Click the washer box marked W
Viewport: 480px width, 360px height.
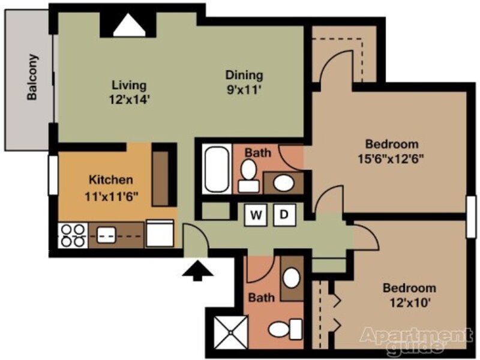[256, 215]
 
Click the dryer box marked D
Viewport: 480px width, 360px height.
[284, 215]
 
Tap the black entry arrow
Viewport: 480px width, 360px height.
[197, 271]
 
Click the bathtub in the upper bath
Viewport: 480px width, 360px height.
[217, 169]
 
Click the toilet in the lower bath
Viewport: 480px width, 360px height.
[286, 329]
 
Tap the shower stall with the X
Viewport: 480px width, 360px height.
[230, 332]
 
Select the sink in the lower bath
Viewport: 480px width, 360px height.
[291, 278]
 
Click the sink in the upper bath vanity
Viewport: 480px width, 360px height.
[284, 183]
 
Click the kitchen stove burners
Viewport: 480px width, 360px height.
[73, 235]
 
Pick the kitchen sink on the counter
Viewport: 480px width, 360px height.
[106, 235]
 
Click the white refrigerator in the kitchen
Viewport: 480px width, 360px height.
[160, 233]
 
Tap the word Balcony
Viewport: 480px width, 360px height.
[32, 77]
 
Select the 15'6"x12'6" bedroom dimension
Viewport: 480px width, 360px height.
[391, 159]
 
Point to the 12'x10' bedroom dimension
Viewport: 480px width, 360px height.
[410, 303]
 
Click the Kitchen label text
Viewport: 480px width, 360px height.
[111, 179]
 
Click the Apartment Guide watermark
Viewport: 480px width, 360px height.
[416, 339]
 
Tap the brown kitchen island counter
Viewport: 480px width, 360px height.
[160, 178]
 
